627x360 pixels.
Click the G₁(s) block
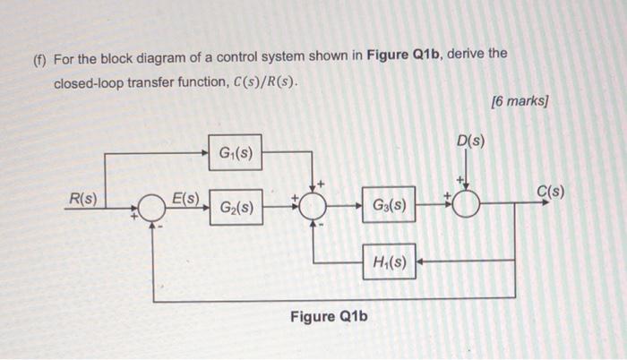pos(235,152)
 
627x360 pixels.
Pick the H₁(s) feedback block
pos(389,262)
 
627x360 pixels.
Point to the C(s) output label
pos(550,191)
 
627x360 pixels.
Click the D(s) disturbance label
pos(470,141)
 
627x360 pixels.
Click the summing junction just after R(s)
pos(153,208)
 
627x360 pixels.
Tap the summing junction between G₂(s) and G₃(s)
pos(313,207)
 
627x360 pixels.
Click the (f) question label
pos(39,56)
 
